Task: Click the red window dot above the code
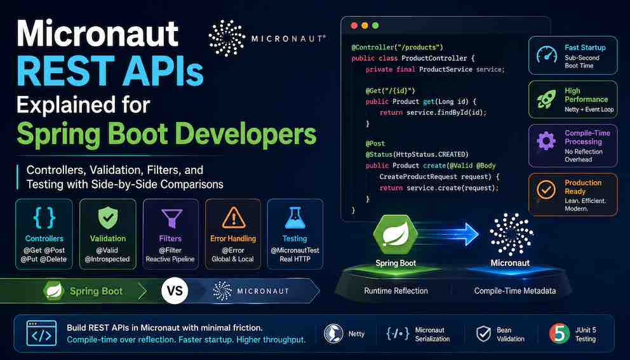pos(354,25)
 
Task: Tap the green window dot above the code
pos(375,25)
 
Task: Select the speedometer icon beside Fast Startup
pos(547,54)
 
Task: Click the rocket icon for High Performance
pos(546,99)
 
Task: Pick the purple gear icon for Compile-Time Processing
pos(546,141)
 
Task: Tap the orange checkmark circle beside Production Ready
pos(546,190)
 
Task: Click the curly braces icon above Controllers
pos(44,218)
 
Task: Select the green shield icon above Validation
pos(108,218)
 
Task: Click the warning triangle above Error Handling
pos(234,218)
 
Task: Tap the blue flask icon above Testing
pos(295,218)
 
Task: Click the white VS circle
pos(175,291)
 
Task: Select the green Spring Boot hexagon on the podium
pos(396,236)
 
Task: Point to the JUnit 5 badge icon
pos(560,334)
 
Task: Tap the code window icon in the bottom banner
pos(41,333)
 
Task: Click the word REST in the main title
pos(65,71)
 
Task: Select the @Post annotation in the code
pos(375,143)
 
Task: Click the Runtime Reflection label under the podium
pos(396,291)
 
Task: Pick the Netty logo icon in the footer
pos(334,334)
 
